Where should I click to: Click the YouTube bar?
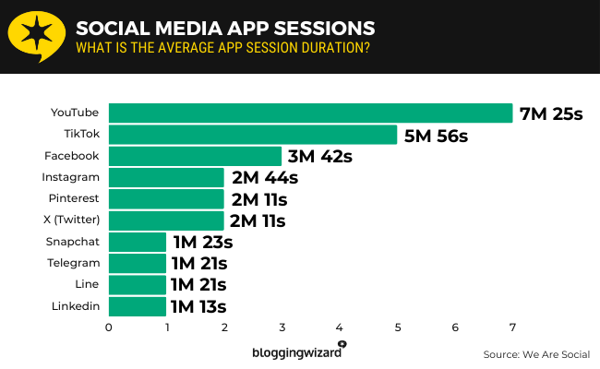[x=310, y=113]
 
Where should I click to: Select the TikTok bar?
[x=253, y=135]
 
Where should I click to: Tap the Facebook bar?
[x=195, y=156]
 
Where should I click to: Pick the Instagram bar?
[x=166, y=177]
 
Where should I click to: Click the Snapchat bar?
[x=138, y=242]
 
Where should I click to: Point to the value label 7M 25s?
[x=552, y=113]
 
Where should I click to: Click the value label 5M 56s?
[x=436, y=136]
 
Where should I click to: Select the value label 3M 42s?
[x=319, y=157]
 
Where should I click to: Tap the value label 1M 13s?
[x=198, y=307]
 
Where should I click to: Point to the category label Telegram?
[x=73, y=263]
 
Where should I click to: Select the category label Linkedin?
[x=75, y=306]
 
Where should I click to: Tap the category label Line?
[x=86, y=284]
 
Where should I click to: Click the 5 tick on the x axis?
[x=397, y=327]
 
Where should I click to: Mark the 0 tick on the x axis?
[x=109, y=327]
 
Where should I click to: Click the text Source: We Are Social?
[x=535, y=354]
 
